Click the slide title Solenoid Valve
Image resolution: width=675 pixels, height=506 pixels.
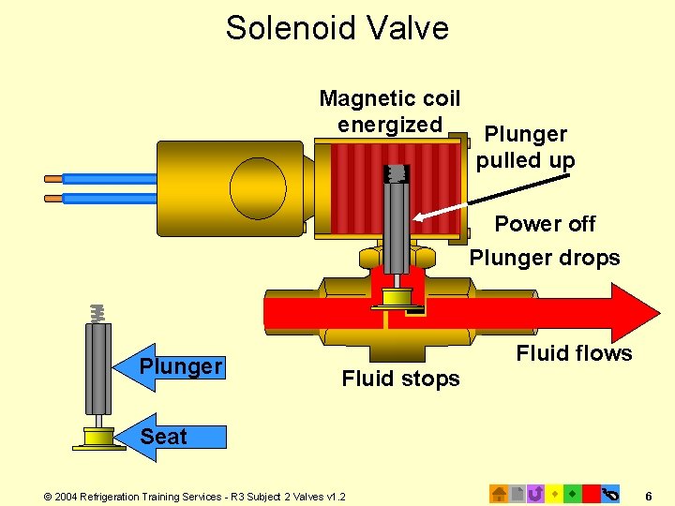tap(337, 27)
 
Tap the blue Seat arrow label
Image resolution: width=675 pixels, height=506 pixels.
tap(166, 437)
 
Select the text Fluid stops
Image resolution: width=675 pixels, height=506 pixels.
tap(400, 379)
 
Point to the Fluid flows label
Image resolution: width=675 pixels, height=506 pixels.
tap(574, 353)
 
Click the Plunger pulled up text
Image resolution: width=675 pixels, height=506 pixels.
tap(525, 148)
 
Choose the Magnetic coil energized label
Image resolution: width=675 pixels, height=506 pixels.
tap(389, 112)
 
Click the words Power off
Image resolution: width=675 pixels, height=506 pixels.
tap(545, 224)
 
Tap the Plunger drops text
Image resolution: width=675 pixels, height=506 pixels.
tap(545, 258)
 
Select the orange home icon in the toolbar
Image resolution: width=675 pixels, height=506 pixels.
tap(500, 493)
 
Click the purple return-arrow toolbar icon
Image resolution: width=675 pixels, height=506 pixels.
tap(535, 493)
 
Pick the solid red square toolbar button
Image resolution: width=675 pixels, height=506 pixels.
tap(591, 493)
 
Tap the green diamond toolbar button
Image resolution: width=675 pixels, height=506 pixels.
tap(572, 493)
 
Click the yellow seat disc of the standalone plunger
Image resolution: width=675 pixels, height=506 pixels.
tap(97, 437)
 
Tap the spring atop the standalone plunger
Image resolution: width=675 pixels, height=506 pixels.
tap(96, 314)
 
